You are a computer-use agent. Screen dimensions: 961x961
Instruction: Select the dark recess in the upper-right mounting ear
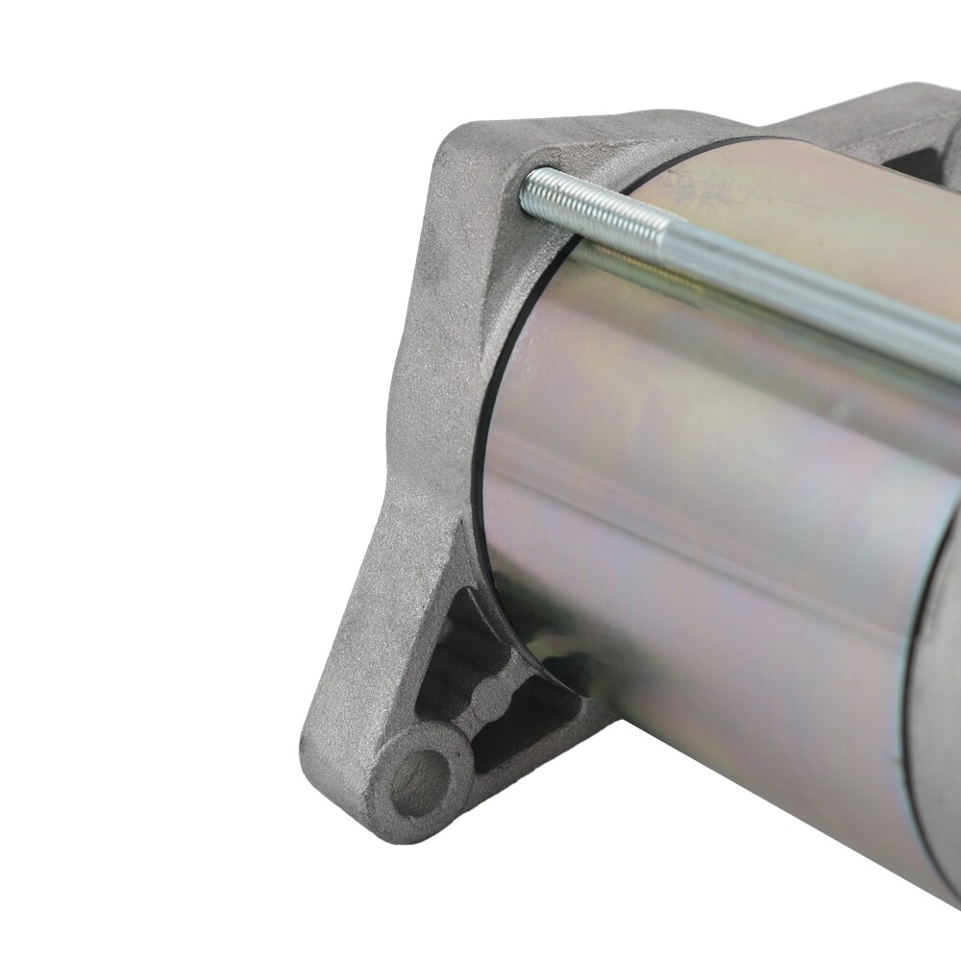[913, 154]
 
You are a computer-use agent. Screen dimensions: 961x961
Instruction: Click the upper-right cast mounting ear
[865, 115]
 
